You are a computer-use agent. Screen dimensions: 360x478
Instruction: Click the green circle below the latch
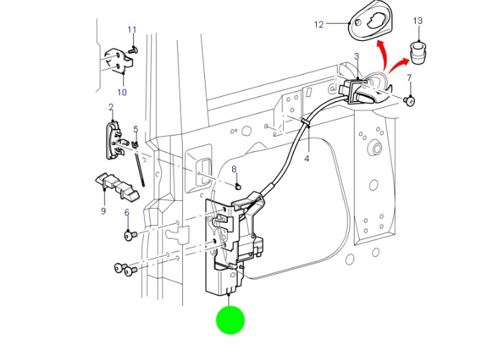click(x=230, y=320)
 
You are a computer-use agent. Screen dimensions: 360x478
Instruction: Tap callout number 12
click(x=319, y=24)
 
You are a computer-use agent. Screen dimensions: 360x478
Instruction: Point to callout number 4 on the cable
click(x=306, y=158)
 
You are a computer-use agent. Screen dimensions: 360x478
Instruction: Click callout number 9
click(x=102, y=211)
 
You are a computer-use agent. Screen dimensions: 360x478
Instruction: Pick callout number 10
click(x=121, y=92)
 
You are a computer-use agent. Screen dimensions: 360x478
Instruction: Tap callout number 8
click(x=234, y=169)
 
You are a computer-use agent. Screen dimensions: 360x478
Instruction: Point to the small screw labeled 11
click(x=133, y=50)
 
